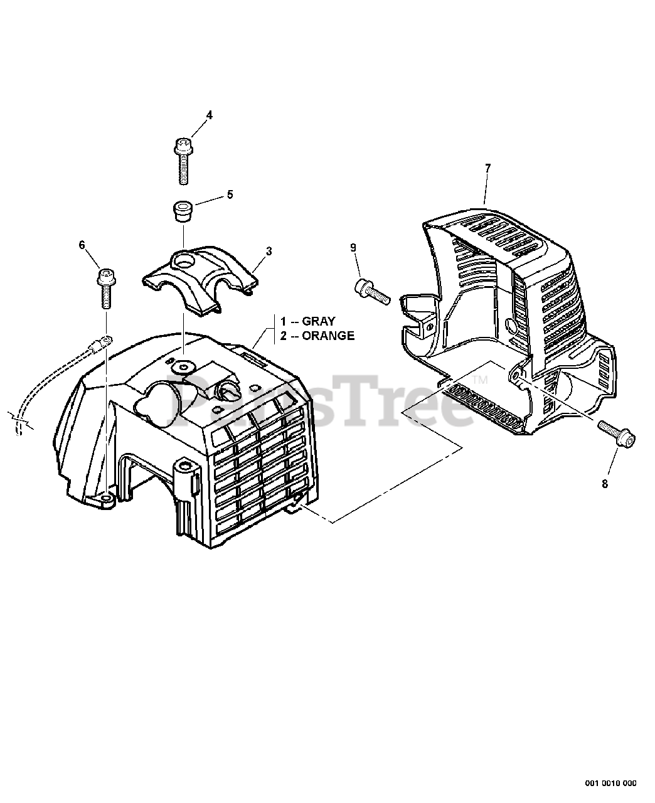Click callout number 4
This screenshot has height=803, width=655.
point(210,115)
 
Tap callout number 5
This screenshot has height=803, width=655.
point(230,194)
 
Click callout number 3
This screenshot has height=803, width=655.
point(269,251)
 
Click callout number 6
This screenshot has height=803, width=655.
point(82,245)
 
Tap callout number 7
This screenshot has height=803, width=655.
point(487,168)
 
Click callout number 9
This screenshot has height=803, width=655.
point(353,248)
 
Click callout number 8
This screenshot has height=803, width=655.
point(605,483)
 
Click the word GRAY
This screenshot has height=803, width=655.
point(318,321)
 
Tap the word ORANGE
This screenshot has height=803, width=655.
point(327,336)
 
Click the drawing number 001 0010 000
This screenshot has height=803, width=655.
point(611,783)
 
